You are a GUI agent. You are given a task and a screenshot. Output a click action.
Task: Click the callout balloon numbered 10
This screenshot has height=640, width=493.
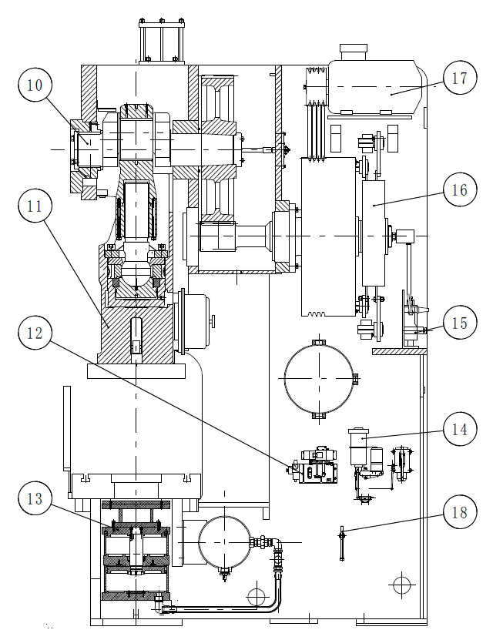(35, 85)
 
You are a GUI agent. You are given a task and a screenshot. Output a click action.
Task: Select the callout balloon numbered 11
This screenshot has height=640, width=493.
(35, 206)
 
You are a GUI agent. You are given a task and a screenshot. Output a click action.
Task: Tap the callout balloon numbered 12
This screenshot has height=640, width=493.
(35, 333)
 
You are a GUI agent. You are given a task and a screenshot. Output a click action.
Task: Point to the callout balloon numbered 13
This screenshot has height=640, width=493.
(35, 498)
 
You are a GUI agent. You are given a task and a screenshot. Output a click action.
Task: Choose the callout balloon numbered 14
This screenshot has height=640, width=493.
(460, 430)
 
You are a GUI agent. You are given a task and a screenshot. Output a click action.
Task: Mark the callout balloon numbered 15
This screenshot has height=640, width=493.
(460, 323)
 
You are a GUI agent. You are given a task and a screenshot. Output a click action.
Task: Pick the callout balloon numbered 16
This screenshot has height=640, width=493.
(460, 189)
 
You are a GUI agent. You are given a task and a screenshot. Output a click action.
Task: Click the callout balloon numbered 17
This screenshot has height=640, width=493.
(460, 78)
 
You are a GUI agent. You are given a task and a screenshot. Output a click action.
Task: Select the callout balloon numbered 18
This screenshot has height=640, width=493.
(460, 512)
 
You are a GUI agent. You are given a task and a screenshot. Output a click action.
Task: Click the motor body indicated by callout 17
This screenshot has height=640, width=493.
(375, 87)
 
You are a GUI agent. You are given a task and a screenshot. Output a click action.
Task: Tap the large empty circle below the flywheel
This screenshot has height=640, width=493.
(319, 378)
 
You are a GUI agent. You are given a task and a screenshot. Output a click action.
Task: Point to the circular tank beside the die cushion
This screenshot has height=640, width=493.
(224, 541)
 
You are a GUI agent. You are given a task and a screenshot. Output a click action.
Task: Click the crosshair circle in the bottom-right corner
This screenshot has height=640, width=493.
(401, 585)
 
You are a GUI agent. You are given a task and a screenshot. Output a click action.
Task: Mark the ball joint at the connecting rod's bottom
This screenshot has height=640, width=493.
(135, 273)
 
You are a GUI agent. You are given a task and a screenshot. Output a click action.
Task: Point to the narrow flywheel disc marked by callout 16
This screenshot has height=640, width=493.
(374, 233)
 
